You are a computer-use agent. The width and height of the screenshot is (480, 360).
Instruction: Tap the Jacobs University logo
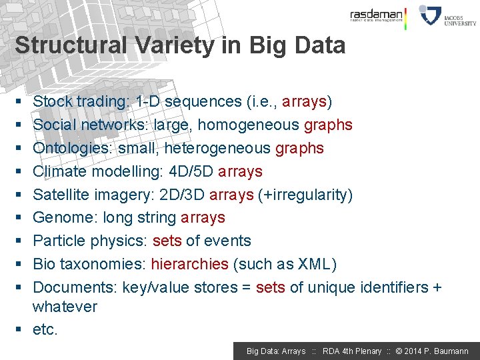tap(447, 15)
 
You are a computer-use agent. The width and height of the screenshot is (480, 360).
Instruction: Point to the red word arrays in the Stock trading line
tap(304, 101)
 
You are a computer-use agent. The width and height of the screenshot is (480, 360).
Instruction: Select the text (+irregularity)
tap(305, 195)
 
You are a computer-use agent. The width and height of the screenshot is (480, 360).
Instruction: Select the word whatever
tap(65, 307)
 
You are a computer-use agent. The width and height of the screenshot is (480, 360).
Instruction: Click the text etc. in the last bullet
tap(45, 329)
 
